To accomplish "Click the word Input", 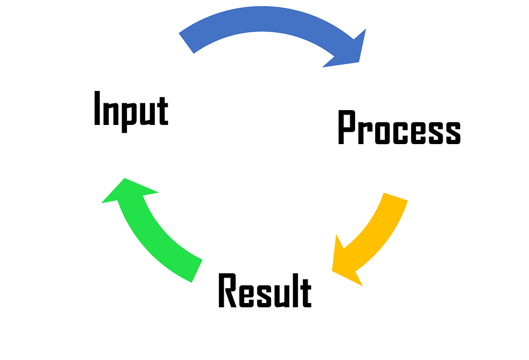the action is pyautogui.click(x=131, y=111).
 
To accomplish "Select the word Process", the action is pyautogui.click(x=399, y=127).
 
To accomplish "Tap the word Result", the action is pyautogui.click(x=265, y=290).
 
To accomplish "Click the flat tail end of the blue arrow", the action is pyautogui.click(x=186, y=43).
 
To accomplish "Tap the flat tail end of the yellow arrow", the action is pyautogui.click(x=396, y=197).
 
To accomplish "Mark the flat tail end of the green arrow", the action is pyautogui.click(x=197, y=271).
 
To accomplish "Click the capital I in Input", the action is pyautogui.click(x=97, y=108).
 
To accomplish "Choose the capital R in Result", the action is pyautogui.click(x=228, y=290).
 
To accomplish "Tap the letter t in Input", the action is pyautogui.click(x=162, y=111).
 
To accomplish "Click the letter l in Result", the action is pyautogui.click(x=296, y=290).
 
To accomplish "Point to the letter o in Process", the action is pyautogui.click(x=382, y=133).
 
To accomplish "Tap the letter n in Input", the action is pyautogui.click(x=111, y=113).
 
